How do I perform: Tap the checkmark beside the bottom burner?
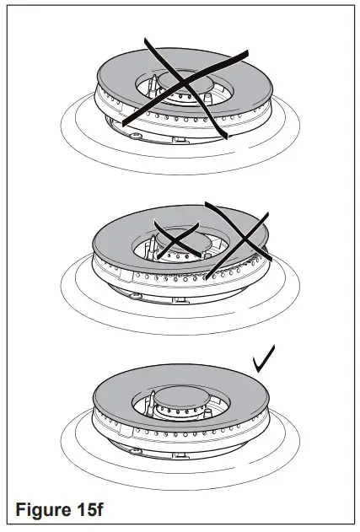265,363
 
